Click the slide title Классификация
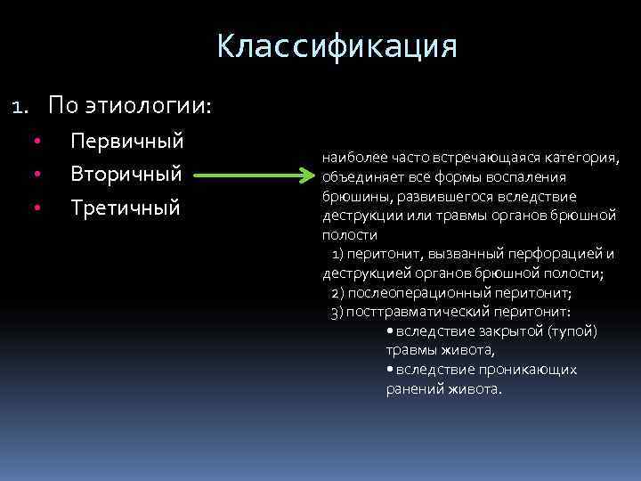click(x=337, y=46)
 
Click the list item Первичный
click(x=126, y=141)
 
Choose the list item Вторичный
click(x=126, y=175)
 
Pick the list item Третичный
click(x=126, y=208)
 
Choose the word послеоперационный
click(x=418, y=293)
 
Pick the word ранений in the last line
click(x=412, y=389)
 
